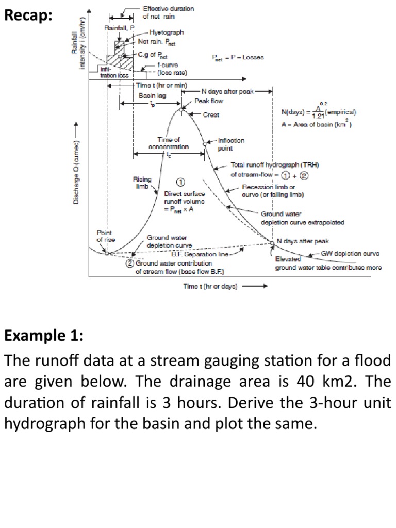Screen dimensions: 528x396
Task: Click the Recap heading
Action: (28, 16)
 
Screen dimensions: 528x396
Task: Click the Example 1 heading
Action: (43, 336)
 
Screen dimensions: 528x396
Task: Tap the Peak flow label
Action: (209, 101)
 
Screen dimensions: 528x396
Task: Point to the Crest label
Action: (211, 114)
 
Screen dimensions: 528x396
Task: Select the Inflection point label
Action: (231, 144)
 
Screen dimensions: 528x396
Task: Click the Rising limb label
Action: (142, 183)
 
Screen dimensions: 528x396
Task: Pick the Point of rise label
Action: (106, 236)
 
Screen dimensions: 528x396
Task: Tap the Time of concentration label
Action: (169, 143)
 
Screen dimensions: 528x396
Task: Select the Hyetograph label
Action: (166, 32)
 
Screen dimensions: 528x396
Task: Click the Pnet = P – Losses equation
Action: (238, 57)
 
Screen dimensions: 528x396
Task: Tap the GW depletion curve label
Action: (350, 254)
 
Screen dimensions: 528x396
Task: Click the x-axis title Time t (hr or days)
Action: (210, 286)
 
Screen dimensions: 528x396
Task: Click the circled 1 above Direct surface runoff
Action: (181, 182)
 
